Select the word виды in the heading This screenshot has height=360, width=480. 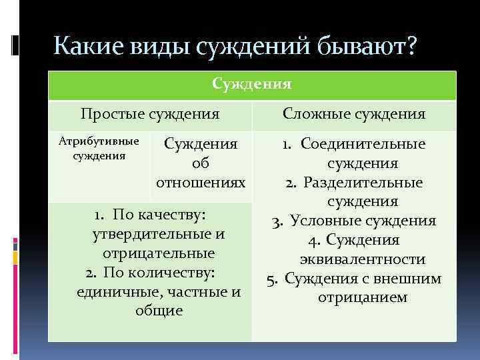click(159, 48)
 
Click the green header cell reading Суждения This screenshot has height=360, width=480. click(251, 85)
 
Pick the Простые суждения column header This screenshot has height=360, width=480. click(150, 114)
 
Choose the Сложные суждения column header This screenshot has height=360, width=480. click(354, 114)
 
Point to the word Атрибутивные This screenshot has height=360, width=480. click(99, 141)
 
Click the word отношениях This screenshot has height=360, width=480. click(201, 182)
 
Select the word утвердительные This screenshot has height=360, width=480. click(150, 235)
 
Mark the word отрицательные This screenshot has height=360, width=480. click(158, 254)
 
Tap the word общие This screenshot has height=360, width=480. click(158, 311)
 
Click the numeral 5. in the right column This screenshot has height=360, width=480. click(272, 279)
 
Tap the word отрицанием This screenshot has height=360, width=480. click(363, 297)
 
